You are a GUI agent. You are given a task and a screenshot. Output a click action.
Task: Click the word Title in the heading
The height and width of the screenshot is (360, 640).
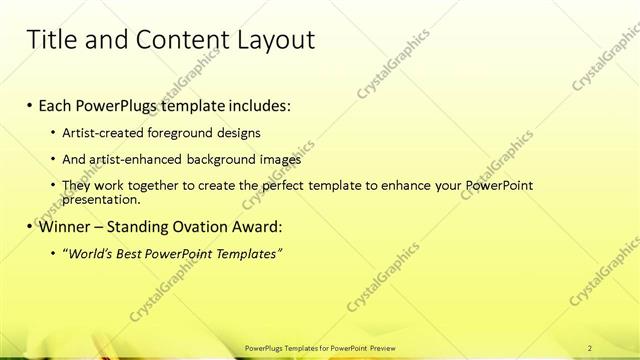pos(50,40)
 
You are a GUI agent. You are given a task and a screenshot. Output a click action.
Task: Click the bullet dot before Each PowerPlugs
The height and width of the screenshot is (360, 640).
pos(31,105)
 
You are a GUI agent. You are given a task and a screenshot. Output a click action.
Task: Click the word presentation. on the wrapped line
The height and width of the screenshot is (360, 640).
pos(101,199)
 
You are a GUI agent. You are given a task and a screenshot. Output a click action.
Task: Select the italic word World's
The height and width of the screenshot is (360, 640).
pos(87,254)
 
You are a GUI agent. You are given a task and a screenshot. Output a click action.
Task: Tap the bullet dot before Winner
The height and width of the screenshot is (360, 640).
pos(31,226)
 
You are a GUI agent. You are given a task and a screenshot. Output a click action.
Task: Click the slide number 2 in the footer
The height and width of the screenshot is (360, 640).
pos(591,348)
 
